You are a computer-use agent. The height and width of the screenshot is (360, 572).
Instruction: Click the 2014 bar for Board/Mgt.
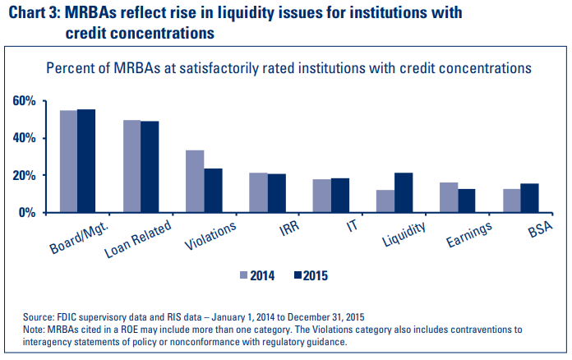[68, 161]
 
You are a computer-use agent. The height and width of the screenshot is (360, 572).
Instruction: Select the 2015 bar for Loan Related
[150, 167]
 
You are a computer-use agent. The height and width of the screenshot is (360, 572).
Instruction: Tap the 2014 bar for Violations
[195, 181]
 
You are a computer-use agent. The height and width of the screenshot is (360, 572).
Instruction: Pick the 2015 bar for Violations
[213, 190]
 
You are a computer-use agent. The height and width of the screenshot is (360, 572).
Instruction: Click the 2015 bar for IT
[340, 195]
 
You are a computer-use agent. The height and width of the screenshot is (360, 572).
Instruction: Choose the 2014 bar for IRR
[258, 192]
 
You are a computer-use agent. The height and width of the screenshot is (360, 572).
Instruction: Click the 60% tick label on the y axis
[24, 101]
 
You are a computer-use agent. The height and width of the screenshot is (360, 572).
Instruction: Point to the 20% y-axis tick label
[24, 175]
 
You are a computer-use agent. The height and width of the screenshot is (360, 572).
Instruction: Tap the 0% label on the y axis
[27, 212]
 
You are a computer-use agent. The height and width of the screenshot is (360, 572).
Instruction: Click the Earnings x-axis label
[469, 233]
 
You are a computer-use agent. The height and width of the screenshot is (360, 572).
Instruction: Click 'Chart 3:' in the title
[34, 13]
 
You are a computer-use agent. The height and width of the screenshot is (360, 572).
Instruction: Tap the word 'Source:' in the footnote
[40, 316]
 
